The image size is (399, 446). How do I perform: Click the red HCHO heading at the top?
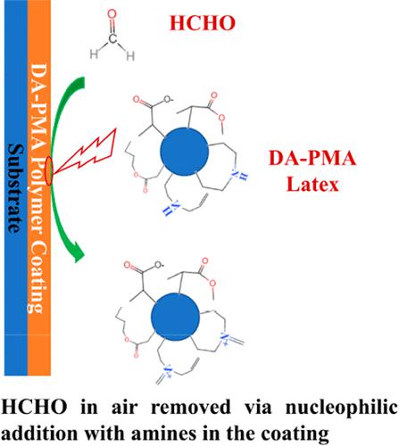pyautogui.click(x=203, y=23)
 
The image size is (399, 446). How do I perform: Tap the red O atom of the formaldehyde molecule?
pyautogui.click(x=112, y=14)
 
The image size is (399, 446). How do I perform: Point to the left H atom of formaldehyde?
pyautogui.click(x=94, y=54)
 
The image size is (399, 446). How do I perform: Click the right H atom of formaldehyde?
pyautogui.click(x=130, y=55)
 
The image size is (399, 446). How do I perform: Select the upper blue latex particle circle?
pyautogui.click(x=184, y=152)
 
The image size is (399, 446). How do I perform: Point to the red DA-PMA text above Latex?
pyautogui.click(x=312, y=158)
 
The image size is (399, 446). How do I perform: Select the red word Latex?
pyautogui.click(x=312, y=185)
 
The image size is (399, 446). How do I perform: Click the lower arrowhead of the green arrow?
pyautogui.click(x=79, y=252)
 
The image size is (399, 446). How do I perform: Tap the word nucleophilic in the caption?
pyautogui.click(x=342, y=408)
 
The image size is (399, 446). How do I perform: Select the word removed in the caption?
pyautogui.click(x=191, y=407)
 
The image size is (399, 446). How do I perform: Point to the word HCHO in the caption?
pyautogui.click(x=34, y=407)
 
